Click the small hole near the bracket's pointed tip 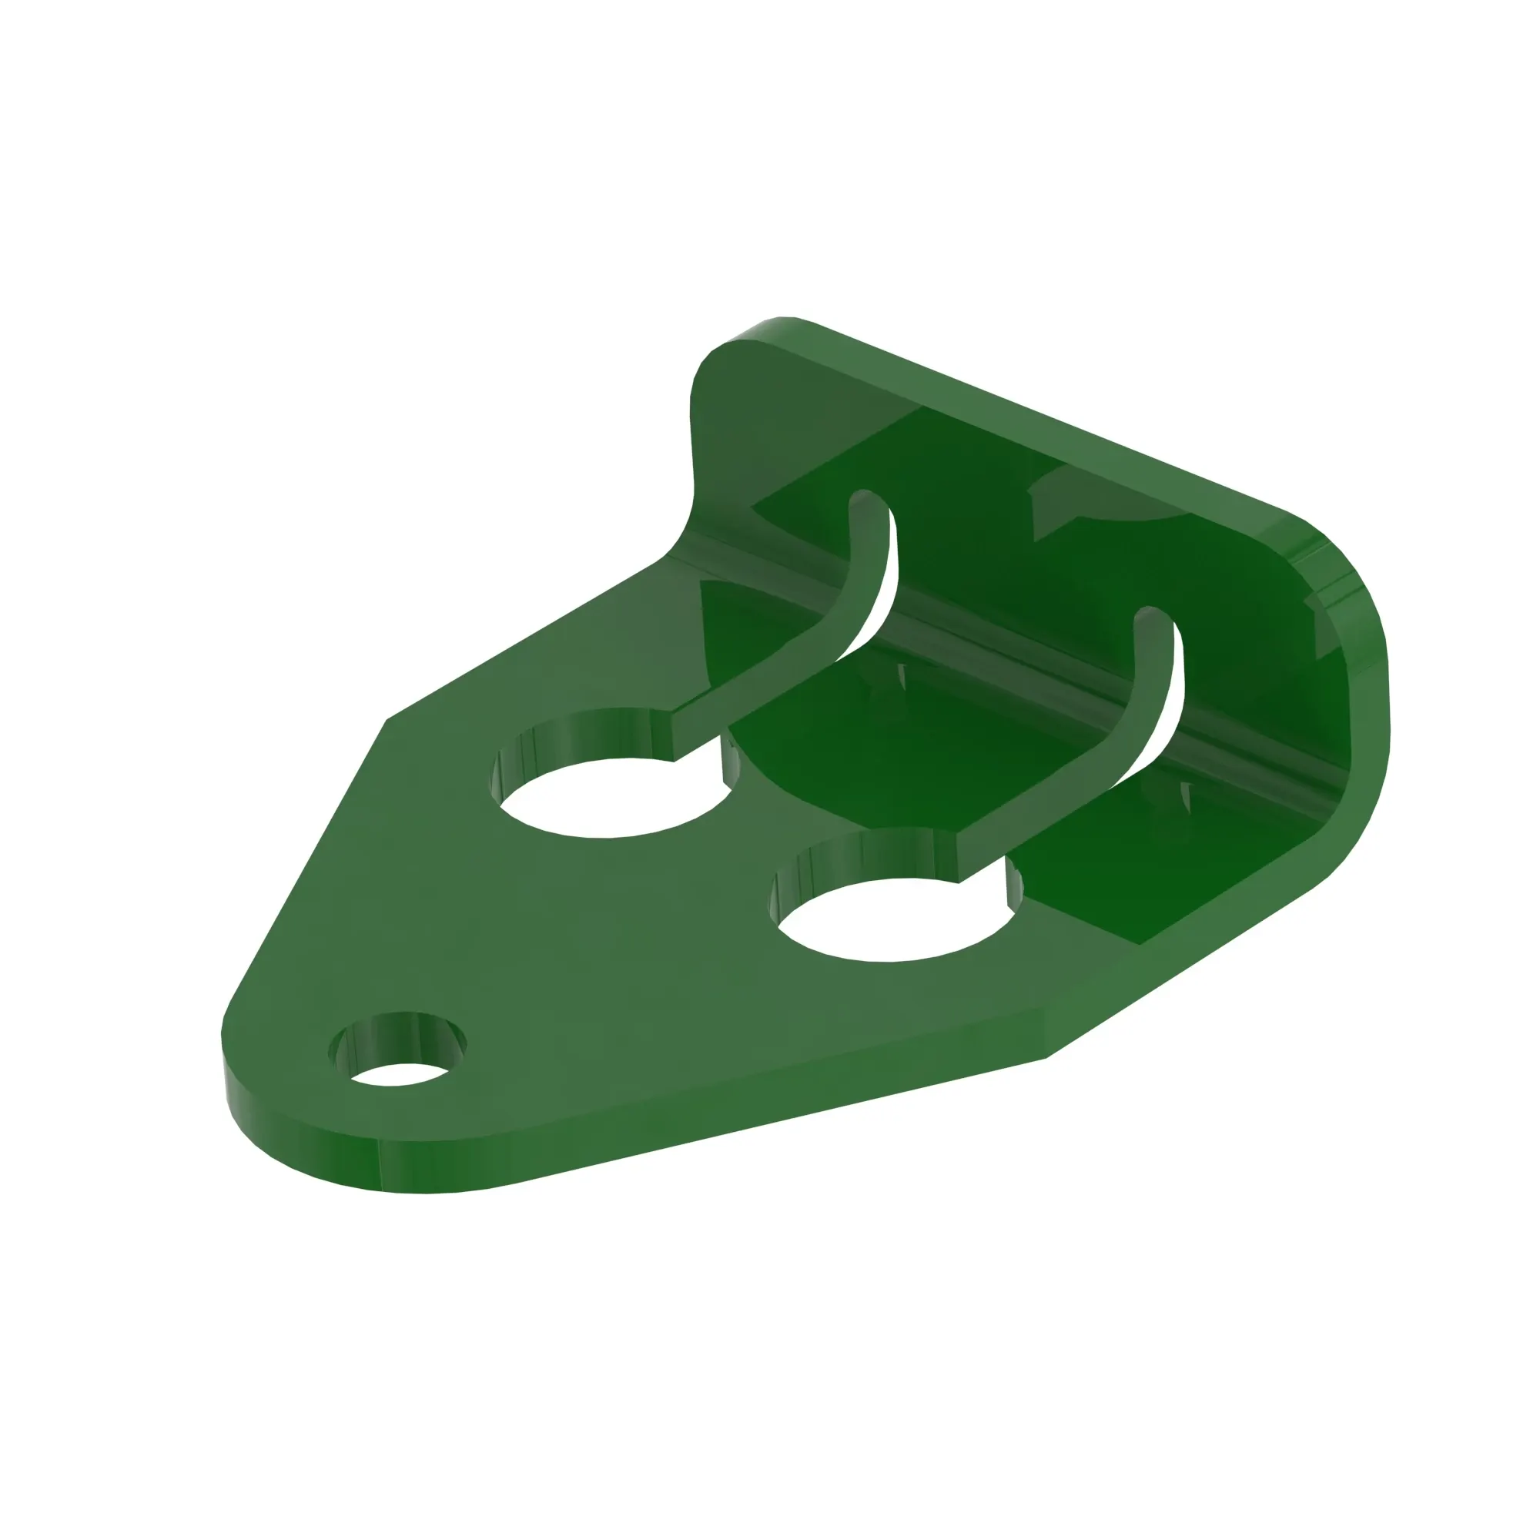397,1070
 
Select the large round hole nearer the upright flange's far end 891,921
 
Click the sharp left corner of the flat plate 388,721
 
